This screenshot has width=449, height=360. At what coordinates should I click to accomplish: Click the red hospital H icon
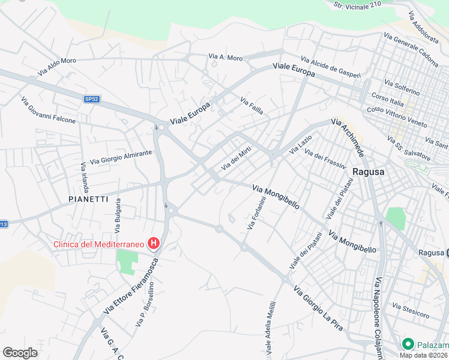point(154,244)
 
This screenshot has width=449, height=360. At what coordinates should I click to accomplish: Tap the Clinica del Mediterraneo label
point(100,244)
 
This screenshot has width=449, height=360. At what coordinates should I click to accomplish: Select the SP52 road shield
point(91,100)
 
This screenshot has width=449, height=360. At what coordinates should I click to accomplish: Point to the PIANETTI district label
point(88,199)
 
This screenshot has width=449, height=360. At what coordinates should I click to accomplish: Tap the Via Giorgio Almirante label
point(121,157)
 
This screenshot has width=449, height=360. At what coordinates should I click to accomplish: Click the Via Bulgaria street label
point(118,215)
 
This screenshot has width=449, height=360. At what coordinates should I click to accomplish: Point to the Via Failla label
point(252,106)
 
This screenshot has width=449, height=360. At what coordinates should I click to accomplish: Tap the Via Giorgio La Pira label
point(318,308)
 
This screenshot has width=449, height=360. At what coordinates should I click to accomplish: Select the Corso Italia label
point(388,99)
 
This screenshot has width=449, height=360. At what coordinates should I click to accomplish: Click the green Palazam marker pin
point(408,344)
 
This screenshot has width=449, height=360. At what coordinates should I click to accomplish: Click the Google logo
point(20,353)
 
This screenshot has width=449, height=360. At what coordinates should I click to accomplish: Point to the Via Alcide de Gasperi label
point(331,68)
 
